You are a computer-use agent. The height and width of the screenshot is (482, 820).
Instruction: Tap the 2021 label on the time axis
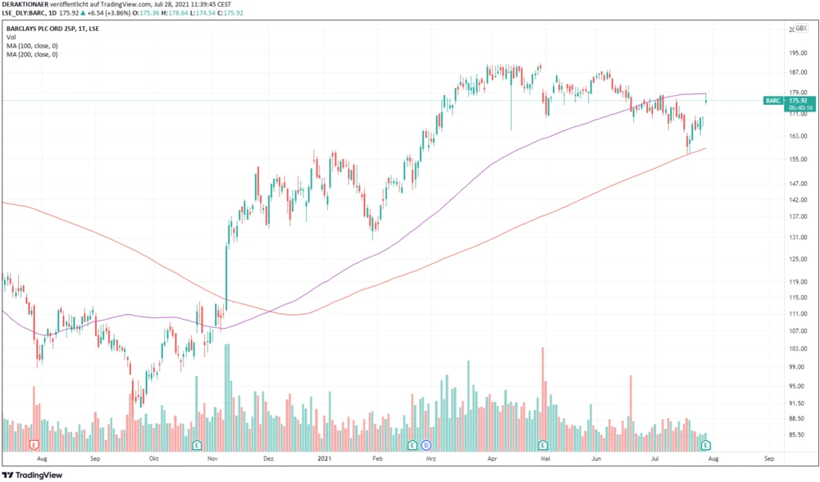click(x=325, y=459)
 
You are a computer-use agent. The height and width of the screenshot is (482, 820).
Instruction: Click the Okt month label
click(x=153, y=459)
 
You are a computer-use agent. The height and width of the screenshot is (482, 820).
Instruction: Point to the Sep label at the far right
click(x=768, y=459)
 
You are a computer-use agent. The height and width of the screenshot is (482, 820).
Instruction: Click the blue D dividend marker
click(x=426, y=444)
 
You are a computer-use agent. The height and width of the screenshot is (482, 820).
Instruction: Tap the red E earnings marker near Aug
click(x=34, y=444)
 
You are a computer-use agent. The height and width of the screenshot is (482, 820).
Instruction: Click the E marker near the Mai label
click(x=542, y=444)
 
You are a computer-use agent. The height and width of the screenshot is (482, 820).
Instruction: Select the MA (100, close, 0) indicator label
click(x=32, y=46)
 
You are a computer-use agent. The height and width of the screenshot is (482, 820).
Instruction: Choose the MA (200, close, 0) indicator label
click(x=32, y=55)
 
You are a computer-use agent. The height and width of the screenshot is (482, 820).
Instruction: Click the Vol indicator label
click(x=11, y=37)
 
